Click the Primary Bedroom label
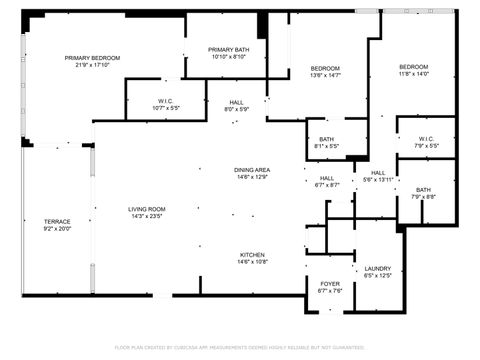93,58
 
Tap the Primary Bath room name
228,50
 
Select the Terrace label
57,221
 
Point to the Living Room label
146,209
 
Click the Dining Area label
251,170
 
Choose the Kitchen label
251,255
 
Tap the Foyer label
329,283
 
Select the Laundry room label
377,268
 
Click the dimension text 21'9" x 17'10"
93,66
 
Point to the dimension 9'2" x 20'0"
57,229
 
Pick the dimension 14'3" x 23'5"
146,216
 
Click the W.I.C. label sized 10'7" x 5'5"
167,101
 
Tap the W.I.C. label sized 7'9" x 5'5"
426,139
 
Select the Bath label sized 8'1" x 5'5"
327,139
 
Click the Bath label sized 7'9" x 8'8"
424,190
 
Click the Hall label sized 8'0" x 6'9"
237,101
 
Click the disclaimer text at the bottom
240,347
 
